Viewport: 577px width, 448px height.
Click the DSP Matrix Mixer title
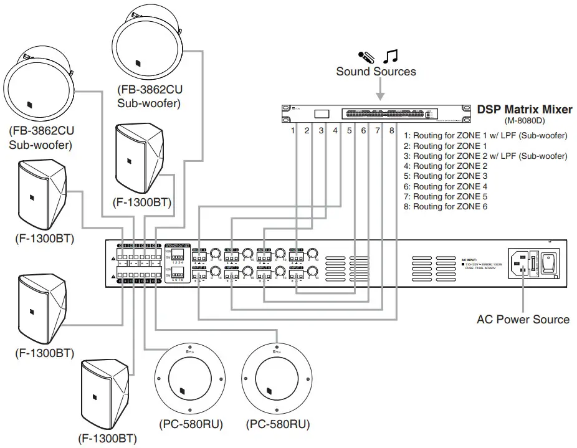click(524, 110)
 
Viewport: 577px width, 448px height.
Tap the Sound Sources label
click(376, 72)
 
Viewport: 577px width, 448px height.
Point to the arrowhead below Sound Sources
click(379, 97)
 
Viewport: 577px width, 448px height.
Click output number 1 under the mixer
click(292, 131)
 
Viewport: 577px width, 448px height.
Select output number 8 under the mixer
click(392, 131)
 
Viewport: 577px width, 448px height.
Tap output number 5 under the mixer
click(349, 131)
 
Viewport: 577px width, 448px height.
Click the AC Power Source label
click(523, 320)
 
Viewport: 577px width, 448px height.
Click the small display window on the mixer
click(322, 114)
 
